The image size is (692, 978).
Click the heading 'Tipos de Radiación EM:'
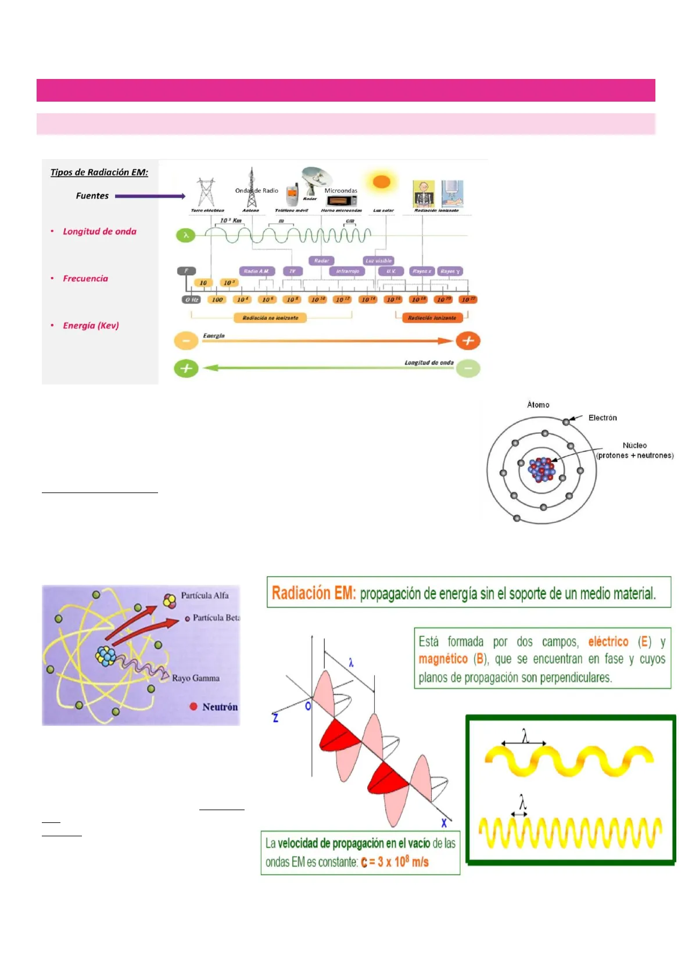99,172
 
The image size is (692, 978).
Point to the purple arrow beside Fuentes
150,196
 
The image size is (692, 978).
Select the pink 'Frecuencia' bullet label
85,279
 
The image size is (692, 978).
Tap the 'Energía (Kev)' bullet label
91,326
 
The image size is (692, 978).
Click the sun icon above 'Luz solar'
381,182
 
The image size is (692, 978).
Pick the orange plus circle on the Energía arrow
468,341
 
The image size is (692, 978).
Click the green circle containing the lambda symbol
186,235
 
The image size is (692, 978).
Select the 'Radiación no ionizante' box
270,318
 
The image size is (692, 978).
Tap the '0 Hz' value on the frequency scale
192,300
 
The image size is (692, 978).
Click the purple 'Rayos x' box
421,271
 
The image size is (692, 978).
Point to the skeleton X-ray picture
424,194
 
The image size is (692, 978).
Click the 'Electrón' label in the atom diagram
603,418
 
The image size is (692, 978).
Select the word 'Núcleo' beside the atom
634,445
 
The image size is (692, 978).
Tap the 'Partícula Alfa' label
205,595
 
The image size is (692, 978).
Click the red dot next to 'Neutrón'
193,707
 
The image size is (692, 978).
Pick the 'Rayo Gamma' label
196,678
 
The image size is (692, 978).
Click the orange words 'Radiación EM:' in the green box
314,593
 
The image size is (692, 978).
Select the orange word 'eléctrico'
608,642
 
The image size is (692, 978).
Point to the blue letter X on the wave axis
444,823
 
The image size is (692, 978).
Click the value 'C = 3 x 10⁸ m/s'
395,862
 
